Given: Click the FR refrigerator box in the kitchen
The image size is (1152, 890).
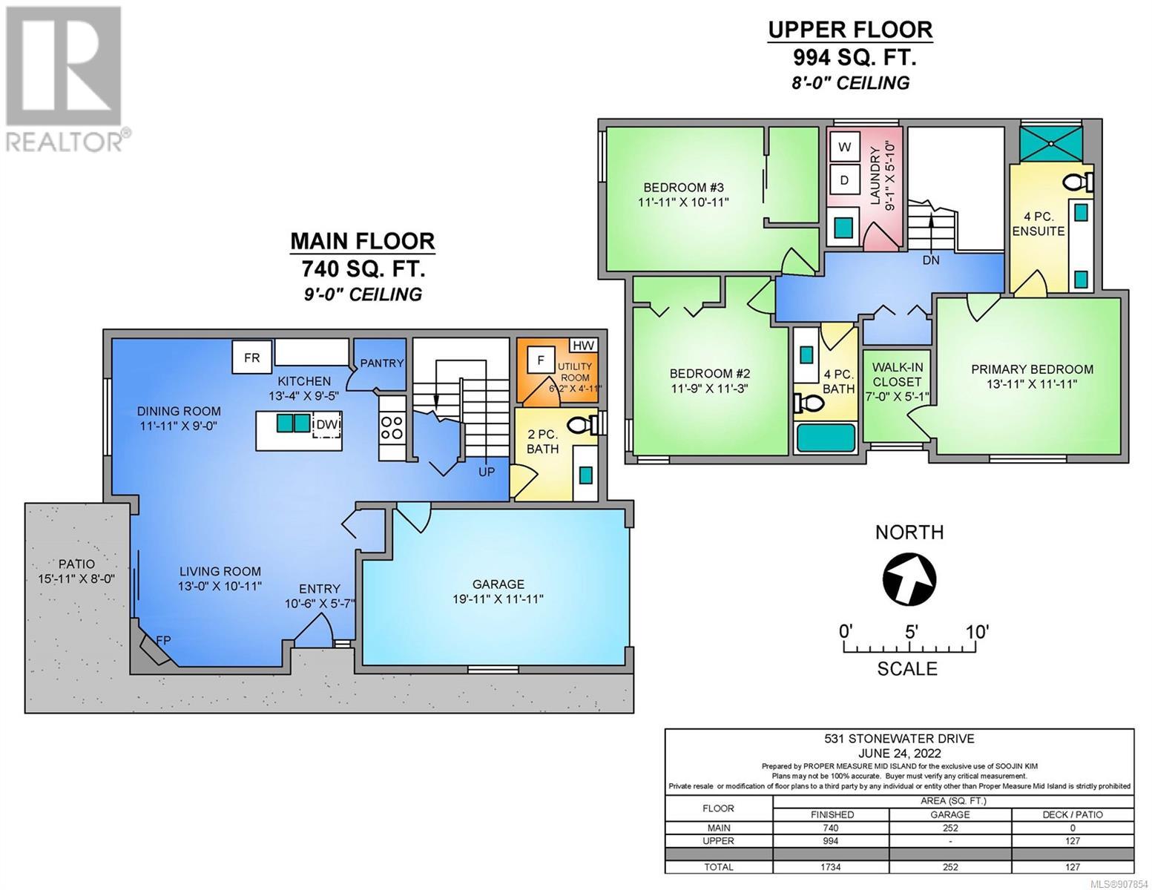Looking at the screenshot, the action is pyautogui.click(x=251, y=357).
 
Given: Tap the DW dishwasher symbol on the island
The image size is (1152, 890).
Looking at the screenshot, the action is pyautogui.click(x=326, y=424).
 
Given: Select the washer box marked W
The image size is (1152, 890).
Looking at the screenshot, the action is pyautogui.click(x=844, y=147).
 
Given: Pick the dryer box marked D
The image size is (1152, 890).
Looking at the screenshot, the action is pyautogui.click(x=844, y=180).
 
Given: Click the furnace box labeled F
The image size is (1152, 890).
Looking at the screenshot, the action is pyautogui.click(x=541, y=360).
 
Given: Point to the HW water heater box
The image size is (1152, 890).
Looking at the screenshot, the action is pyautogui.click(x=583, y=346).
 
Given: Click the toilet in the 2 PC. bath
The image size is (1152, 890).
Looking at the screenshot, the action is pyautogui.click(x=582, y=425).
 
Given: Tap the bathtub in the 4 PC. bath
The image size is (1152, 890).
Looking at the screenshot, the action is pyautogui.click(x=826, y=439).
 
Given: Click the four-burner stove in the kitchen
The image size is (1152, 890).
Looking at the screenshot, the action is pyautogui.click(x=392, y=427).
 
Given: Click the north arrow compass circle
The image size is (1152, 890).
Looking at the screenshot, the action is pyautogui.click(x=909, y=578).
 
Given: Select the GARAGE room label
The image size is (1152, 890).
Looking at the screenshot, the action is pyautogui.click(x=498, y=584).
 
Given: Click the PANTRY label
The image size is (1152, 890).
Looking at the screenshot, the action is pyautogui.click(x=382, y=363).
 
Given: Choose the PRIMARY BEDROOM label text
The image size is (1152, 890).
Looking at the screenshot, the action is pyautogui.click(x=1032, y=369).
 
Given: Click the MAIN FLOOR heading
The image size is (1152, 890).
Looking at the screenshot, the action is pyautogui.click(x=363, y=241).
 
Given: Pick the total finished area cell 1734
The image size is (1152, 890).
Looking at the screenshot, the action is pyautogui.click(x=831, y=867).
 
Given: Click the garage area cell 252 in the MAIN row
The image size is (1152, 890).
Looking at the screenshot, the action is pyautogui.click(x=950, y=828).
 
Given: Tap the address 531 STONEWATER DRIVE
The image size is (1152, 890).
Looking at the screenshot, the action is pyautogui.click(x=899, y=739).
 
